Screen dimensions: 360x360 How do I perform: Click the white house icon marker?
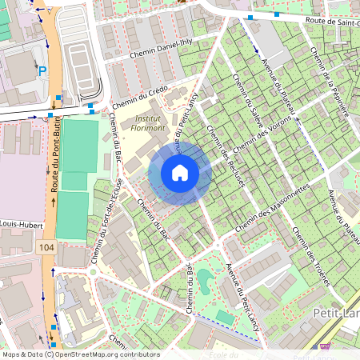180,172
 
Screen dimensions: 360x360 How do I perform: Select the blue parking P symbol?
42,72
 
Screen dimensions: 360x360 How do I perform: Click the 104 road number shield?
46,249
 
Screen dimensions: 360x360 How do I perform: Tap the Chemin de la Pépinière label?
326,78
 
